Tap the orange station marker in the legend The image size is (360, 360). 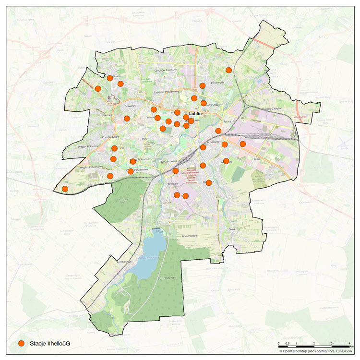click(21, 343)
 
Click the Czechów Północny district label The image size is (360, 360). click(166, 71)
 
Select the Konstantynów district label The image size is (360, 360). click(110, 137)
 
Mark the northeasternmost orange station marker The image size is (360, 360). click(229, 70)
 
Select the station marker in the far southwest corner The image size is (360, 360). click(65, 189)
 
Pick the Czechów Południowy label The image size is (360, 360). click(166, 92)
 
